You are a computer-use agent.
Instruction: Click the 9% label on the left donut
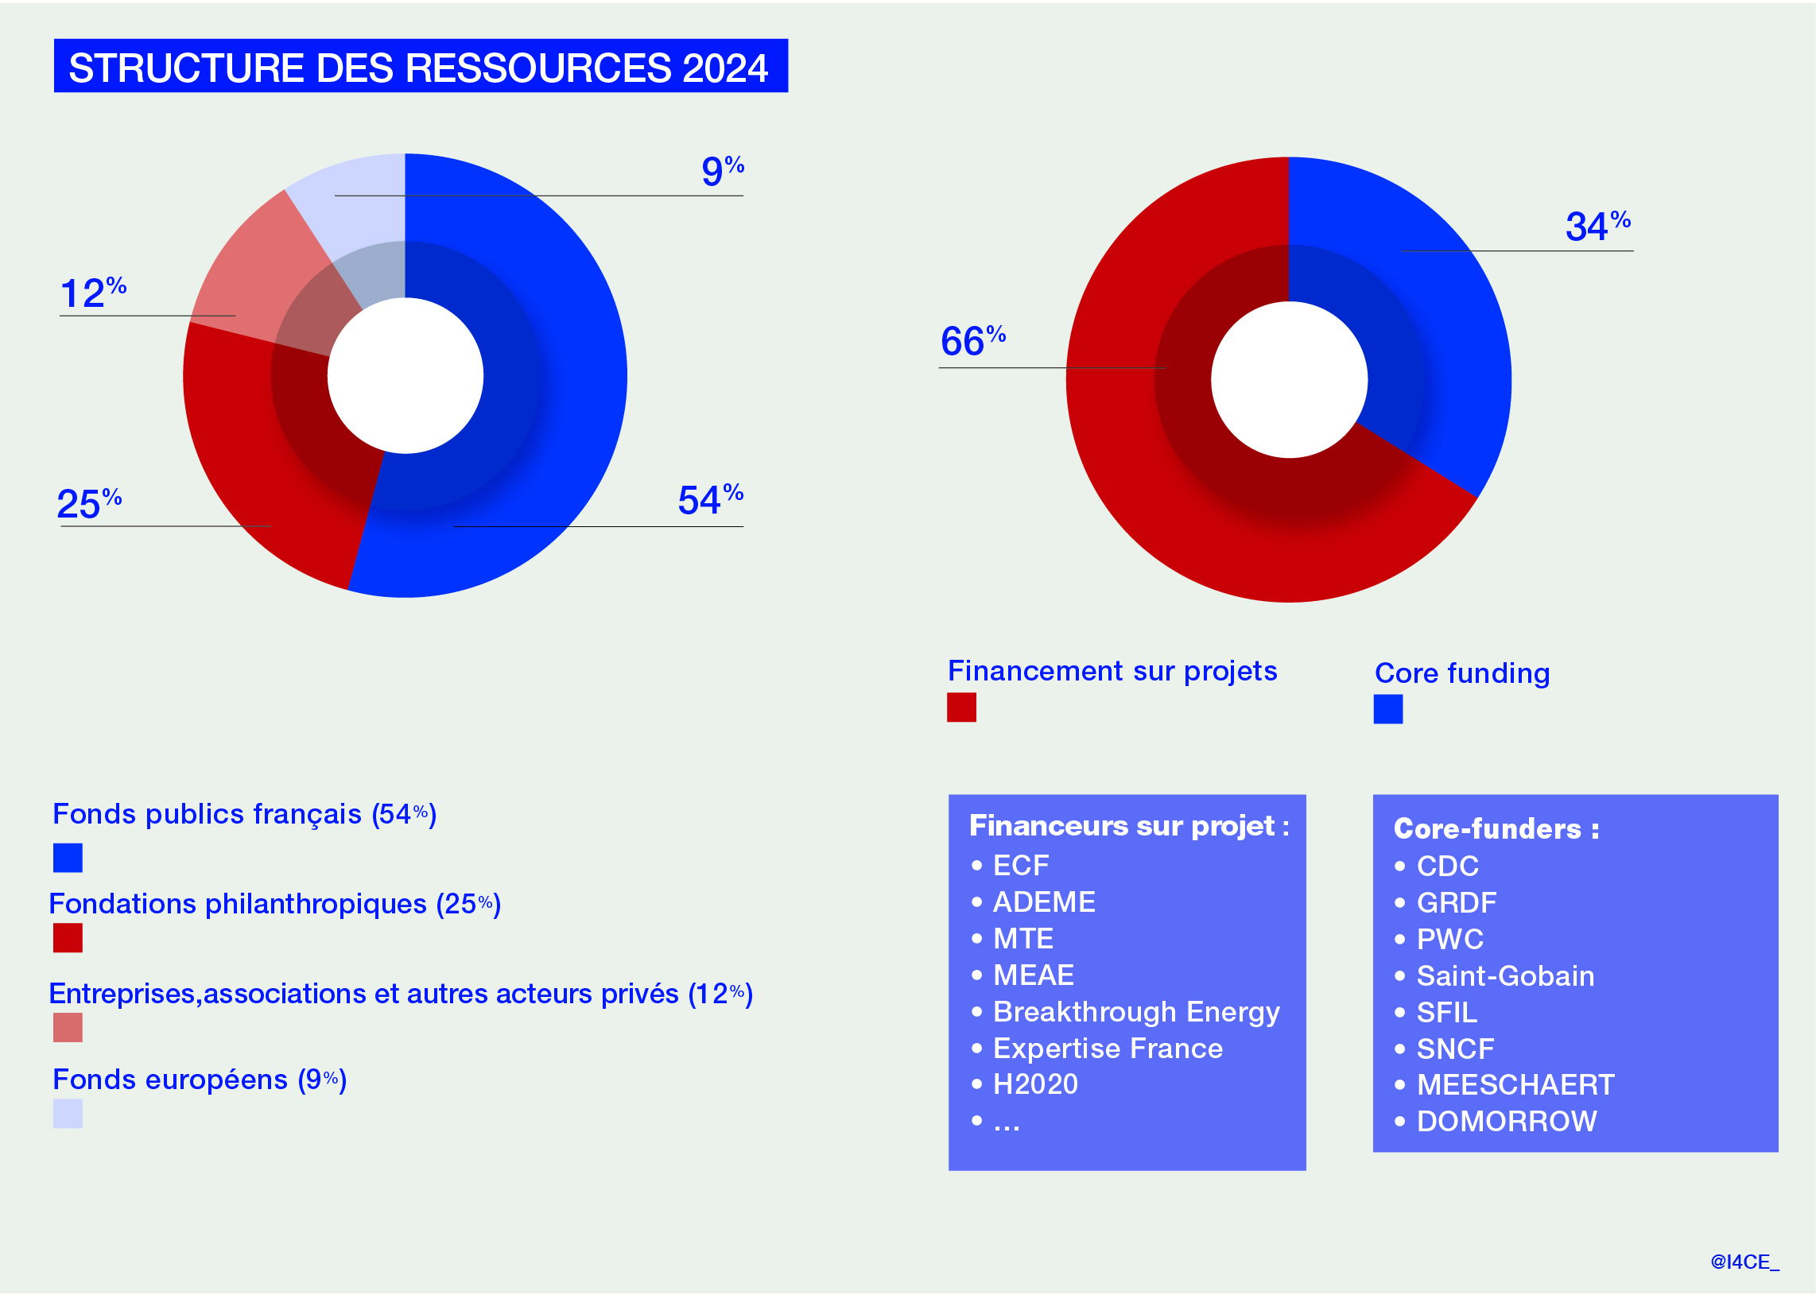[x=721, y=171]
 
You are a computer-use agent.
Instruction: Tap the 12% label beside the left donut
[x=92, y=293]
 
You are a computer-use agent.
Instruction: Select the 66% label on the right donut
[x=972, y=341]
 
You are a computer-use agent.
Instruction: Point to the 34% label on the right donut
[x=1597, y=227]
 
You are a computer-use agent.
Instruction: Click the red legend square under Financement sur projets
[x=961, y=708]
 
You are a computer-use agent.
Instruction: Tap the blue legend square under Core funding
[x=1387, y=709]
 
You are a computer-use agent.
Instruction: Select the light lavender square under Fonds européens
[x=68, y=1114]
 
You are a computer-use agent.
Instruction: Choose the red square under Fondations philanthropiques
[x=68, y=938]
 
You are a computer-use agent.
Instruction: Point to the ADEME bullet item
[x=1043, y=901]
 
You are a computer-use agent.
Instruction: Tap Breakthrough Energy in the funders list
[x=1135, y=1012]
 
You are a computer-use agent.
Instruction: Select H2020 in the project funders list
[x=1035, y=1084]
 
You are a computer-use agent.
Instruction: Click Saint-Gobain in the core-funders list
[x=1505, y=976]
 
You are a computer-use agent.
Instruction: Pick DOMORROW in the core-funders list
[x=1507, y=1122]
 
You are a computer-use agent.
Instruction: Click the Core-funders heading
[x=1496, y=829]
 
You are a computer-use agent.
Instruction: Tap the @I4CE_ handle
[x=1744, y=1262]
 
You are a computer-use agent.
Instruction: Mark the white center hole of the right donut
[x=1289, y=379]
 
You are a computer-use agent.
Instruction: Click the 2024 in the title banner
[x=724, y=68]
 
